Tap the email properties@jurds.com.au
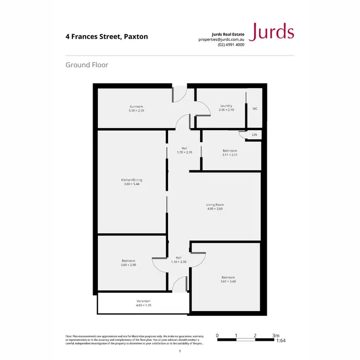tap(221, 39)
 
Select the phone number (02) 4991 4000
tap(231, 45)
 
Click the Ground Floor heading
tap(86, 64)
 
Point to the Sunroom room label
tap(136, 106)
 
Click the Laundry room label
tap(226, 106)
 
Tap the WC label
tap(255, 108)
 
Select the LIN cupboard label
tap(254, 135)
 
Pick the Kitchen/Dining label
tap(132, 180)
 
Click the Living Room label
tap(215, 204)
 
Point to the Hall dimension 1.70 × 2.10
tap(184, 152)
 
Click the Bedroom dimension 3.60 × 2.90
tap(129, 264)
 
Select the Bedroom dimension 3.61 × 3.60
tap(228, 281)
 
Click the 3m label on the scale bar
tap(276, 336)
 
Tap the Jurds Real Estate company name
tap(228, 34)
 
